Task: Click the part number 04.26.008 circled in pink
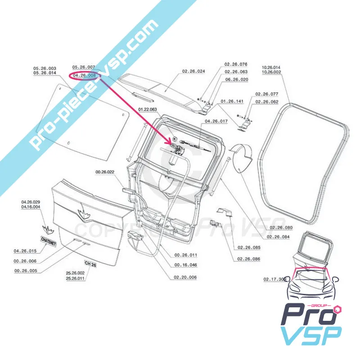pos(84,76)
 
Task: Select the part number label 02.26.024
pos(193,72)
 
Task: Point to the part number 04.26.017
pos(216,121)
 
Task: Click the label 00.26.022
pos(105,172)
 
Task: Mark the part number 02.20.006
pos(184,277)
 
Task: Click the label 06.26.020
pos(236,79)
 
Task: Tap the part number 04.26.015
pos(26,251)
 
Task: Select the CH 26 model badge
pos(90,264)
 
